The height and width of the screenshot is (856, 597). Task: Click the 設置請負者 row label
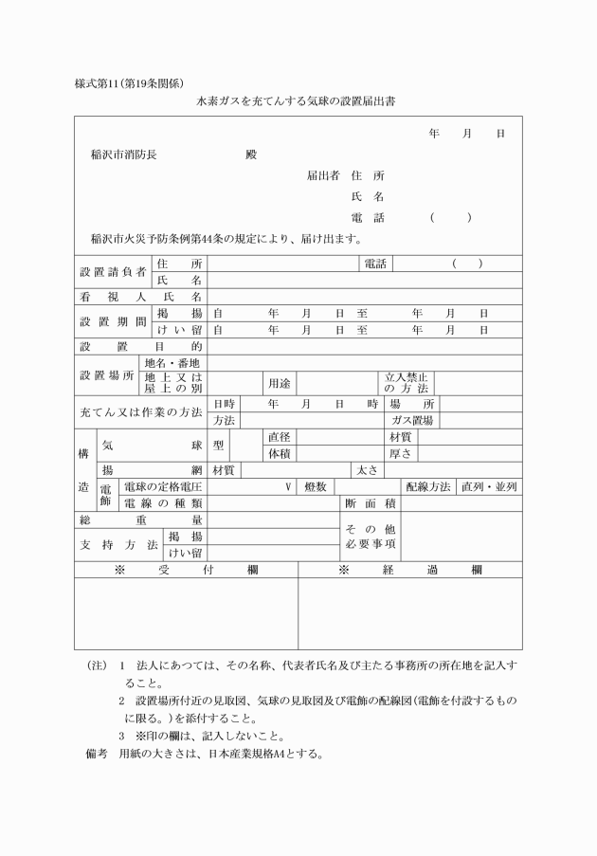[x=112, y=271]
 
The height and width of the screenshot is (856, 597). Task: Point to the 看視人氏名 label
[x=140, y=297]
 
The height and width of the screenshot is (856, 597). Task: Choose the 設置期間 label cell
[x=112, y=321]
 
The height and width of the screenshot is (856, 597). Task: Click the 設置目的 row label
[x=140, y=346]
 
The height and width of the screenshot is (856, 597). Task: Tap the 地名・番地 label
[x=173, y=363]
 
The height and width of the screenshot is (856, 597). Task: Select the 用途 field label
[x=279, y=383]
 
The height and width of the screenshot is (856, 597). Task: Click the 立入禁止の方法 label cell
[x=406, y=383]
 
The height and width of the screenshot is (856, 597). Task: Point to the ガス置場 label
[x=412, y=420]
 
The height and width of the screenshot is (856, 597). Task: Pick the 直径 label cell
[x=279, y=437]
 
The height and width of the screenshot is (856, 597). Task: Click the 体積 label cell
[x=279, y=453]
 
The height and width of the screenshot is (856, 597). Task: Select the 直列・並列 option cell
[x=488, y=486]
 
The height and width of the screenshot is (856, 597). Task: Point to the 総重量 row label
[x=140, y=519]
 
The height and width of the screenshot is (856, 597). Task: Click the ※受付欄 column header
[x=186, y=570]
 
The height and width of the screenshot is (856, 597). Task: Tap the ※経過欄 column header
[x=409, y=570]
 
